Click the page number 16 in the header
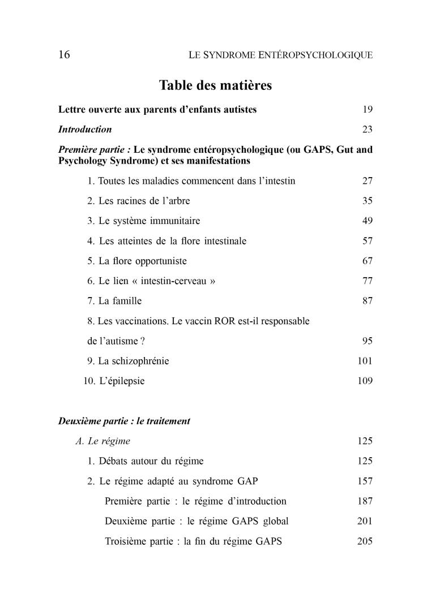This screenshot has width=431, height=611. click(64, 55)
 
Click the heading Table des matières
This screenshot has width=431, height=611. click(215, 85)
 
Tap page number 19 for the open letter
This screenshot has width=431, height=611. click(367, 110)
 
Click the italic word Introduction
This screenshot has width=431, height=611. click(85, 130)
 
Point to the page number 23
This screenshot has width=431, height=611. click(367, 130)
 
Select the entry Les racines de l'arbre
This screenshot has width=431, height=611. click(139, 201)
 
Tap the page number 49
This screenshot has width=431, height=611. click(367, 221)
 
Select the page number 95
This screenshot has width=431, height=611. click(367, 341)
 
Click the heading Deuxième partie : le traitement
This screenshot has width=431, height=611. click(124, 421)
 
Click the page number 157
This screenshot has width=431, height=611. click(365, 481)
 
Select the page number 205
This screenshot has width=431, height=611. click(365, 541)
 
